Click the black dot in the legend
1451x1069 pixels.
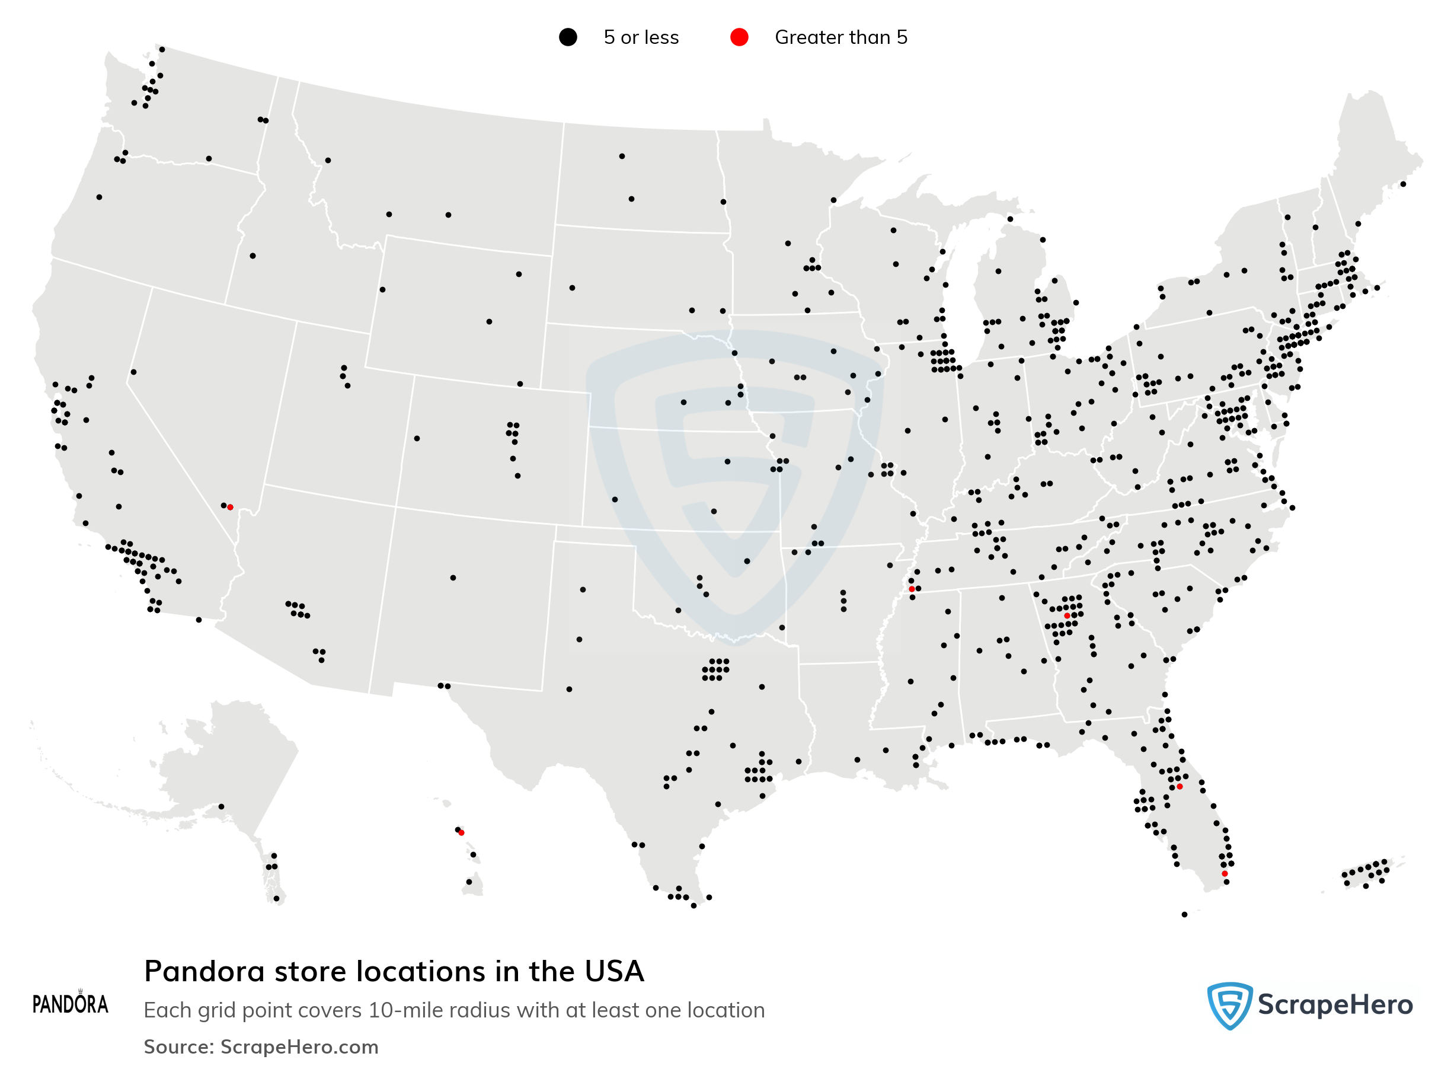(x=567, y=37)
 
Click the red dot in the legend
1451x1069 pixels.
(x=739, y=37)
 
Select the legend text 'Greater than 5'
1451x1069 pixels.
(x=840, y=37)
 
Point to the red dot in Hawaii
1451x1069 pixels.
(x=461, y=833)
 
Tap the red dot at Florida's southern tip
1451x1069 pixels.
(x=1224, y=873)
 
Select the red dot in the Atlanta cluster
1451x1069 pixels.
(x=1067, y=615)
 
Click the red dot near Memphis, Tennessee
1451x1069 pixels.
(x=912, y=589)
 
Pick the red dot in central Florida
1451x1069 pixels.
(x=1180, y=786)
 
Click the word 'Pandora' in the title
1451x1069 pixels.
(x=204, y=971)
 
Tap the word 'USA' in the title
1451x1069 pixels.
(x=614, y=971)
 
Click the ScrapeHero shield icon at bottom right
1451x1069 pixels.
(x=1229, y=1005)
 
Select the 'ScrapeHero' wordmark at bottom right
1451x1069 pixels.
(x=1335, y=1005)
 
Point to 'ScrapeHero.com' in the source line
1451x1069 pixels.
(x=299, y=1046)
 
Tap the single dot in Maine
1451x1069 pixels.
(x=1403, y=184)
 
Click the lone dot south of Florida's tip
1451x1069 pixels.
(x=1184, y=914)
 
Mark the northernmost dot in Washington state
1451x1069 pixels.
(x=162, y=49)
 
